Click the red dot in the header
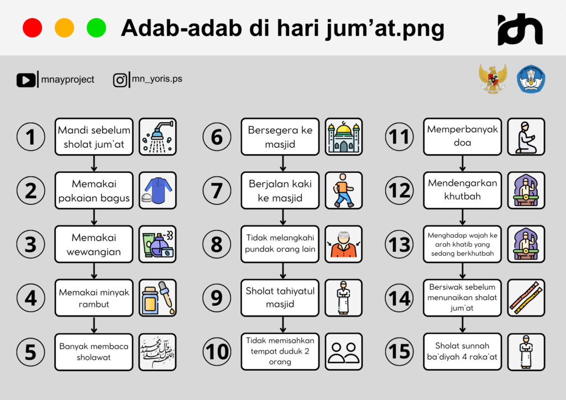point(32,28)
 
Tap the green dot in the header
point(96,28)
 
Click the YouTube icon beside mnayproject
point(25,80)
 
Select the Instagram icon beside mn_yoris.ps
point(120,80)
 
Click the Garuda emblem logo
point(492,78)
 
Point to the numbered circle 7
point(217,191)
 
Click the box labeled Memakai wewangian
point(94,244)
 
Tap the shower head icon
point(158,136)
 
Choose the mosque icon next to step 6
point(343,136)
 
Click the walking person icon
point(343,190)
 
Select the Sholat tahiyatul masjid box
point(280,298)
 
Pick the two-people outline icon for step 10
point(343,351)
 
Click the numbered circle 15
point(400,351)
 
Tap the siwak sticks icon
point(526,298)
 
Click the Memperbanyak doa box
point(462,136)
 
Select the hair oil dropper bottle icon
point(158,298)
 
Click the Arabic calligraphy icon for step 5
point(158,351)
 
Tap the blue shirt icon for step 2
point(158,190)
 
